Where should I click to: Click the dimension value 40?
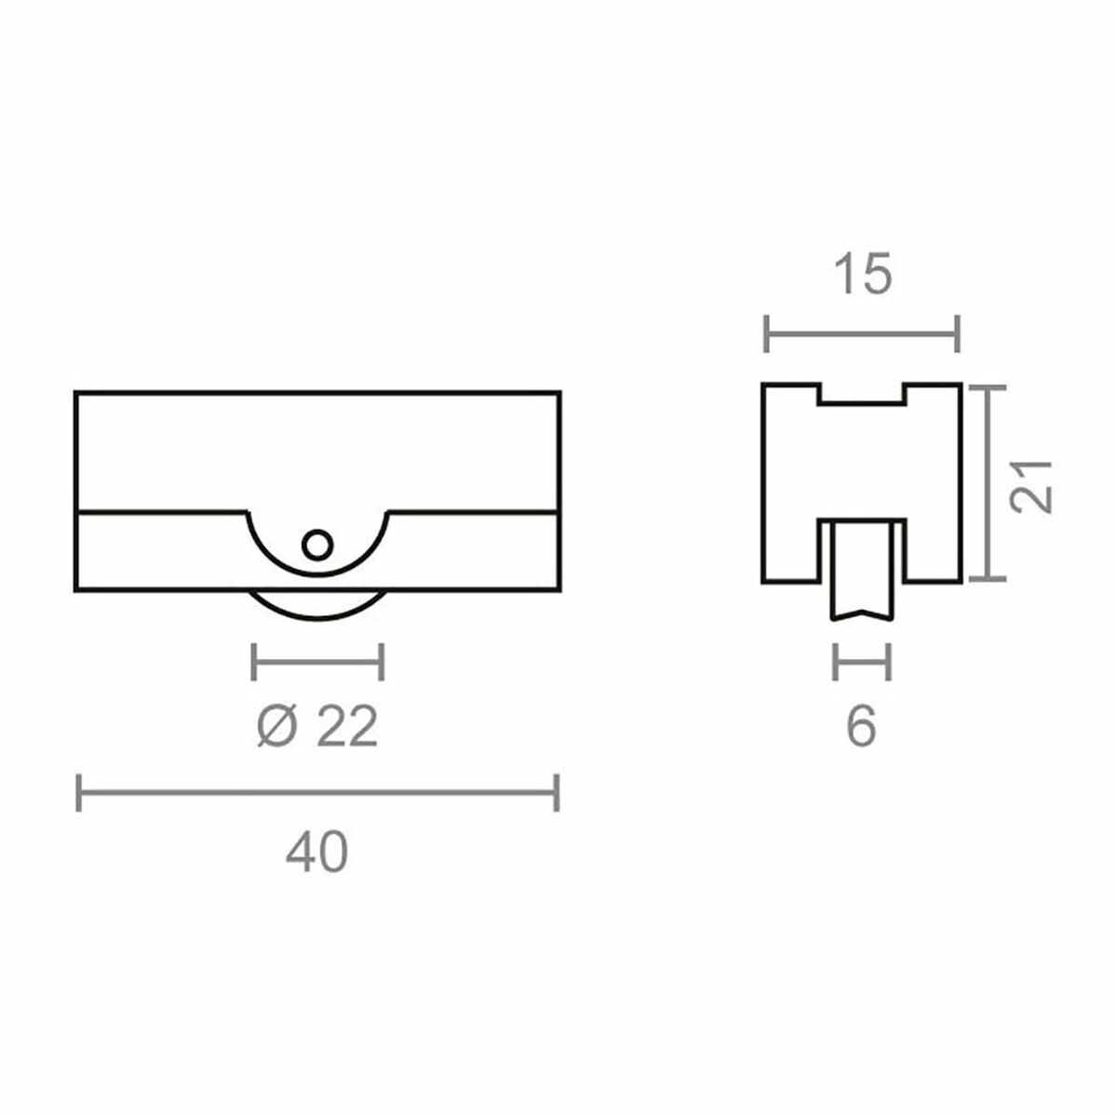(x=316, y=852)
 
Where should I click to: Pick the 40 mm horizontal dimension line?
(x=316, y=792)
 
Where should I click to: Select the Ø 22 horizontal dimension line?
(x=317, y=662)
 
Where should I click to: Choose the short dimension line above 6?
(x=862, y=662)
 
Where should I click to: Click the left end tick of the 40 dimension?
(x=79, y=792)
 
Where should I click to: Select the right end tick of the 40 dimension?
(x=556, y=792)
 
